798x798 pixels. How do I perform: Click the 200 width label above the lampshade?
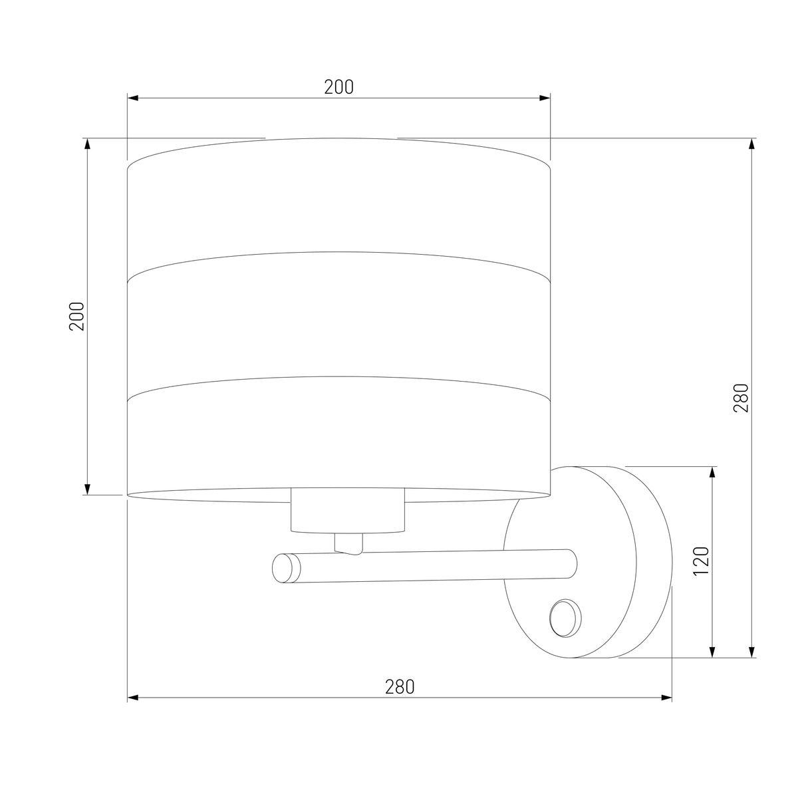tap(338, 87)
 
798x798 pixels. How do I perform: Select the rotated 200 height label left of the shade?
tap(78, 317)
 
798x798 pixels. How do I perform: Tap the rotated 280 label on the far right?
tap(741, 398)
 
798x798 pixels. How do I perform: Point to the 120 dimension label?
tap(702, 561)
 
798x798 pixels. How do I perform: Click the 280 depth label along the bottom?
tap(399, 686)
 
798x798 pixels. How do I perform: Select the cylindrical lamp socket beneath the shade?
tap(348, 511)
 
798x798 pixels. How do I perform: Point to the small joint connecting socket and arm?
tap(348, 543)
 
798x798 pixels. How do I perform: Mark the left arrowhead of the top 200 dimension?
tap(132, 98)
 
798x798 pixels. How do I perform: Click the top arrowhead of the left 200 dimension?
tap(86, 144)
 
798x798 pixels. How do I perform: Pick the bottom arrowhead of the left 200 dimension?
tap(86, 489)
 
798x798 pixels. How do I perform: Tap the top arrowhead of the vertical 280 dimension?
tap(752, 144)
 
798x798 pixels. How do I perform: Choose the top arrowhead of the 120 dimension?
tap(712, 471)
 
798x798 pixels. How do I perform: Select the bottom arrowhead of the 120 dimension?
tap(712, 652)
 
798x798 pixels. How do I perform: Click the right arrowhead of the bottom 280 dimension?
tap(666, 698)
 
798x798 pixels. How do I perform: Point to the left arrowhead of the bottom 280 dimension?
tap(132, 698)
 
